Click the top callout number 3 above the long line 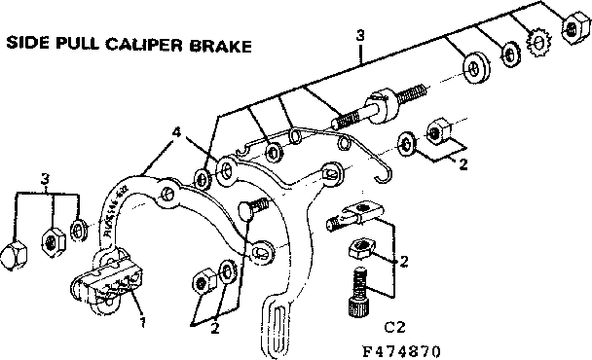(360, 36)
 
